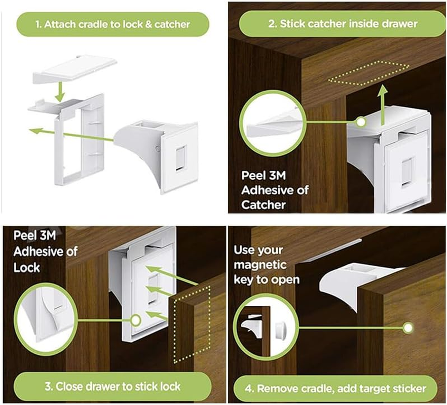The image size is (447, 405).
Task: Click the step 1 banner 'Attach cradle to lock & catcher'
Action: click(x=112, y=24)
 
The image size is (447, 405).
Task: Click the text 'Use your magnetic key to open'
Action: click(x=267, y=265)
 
